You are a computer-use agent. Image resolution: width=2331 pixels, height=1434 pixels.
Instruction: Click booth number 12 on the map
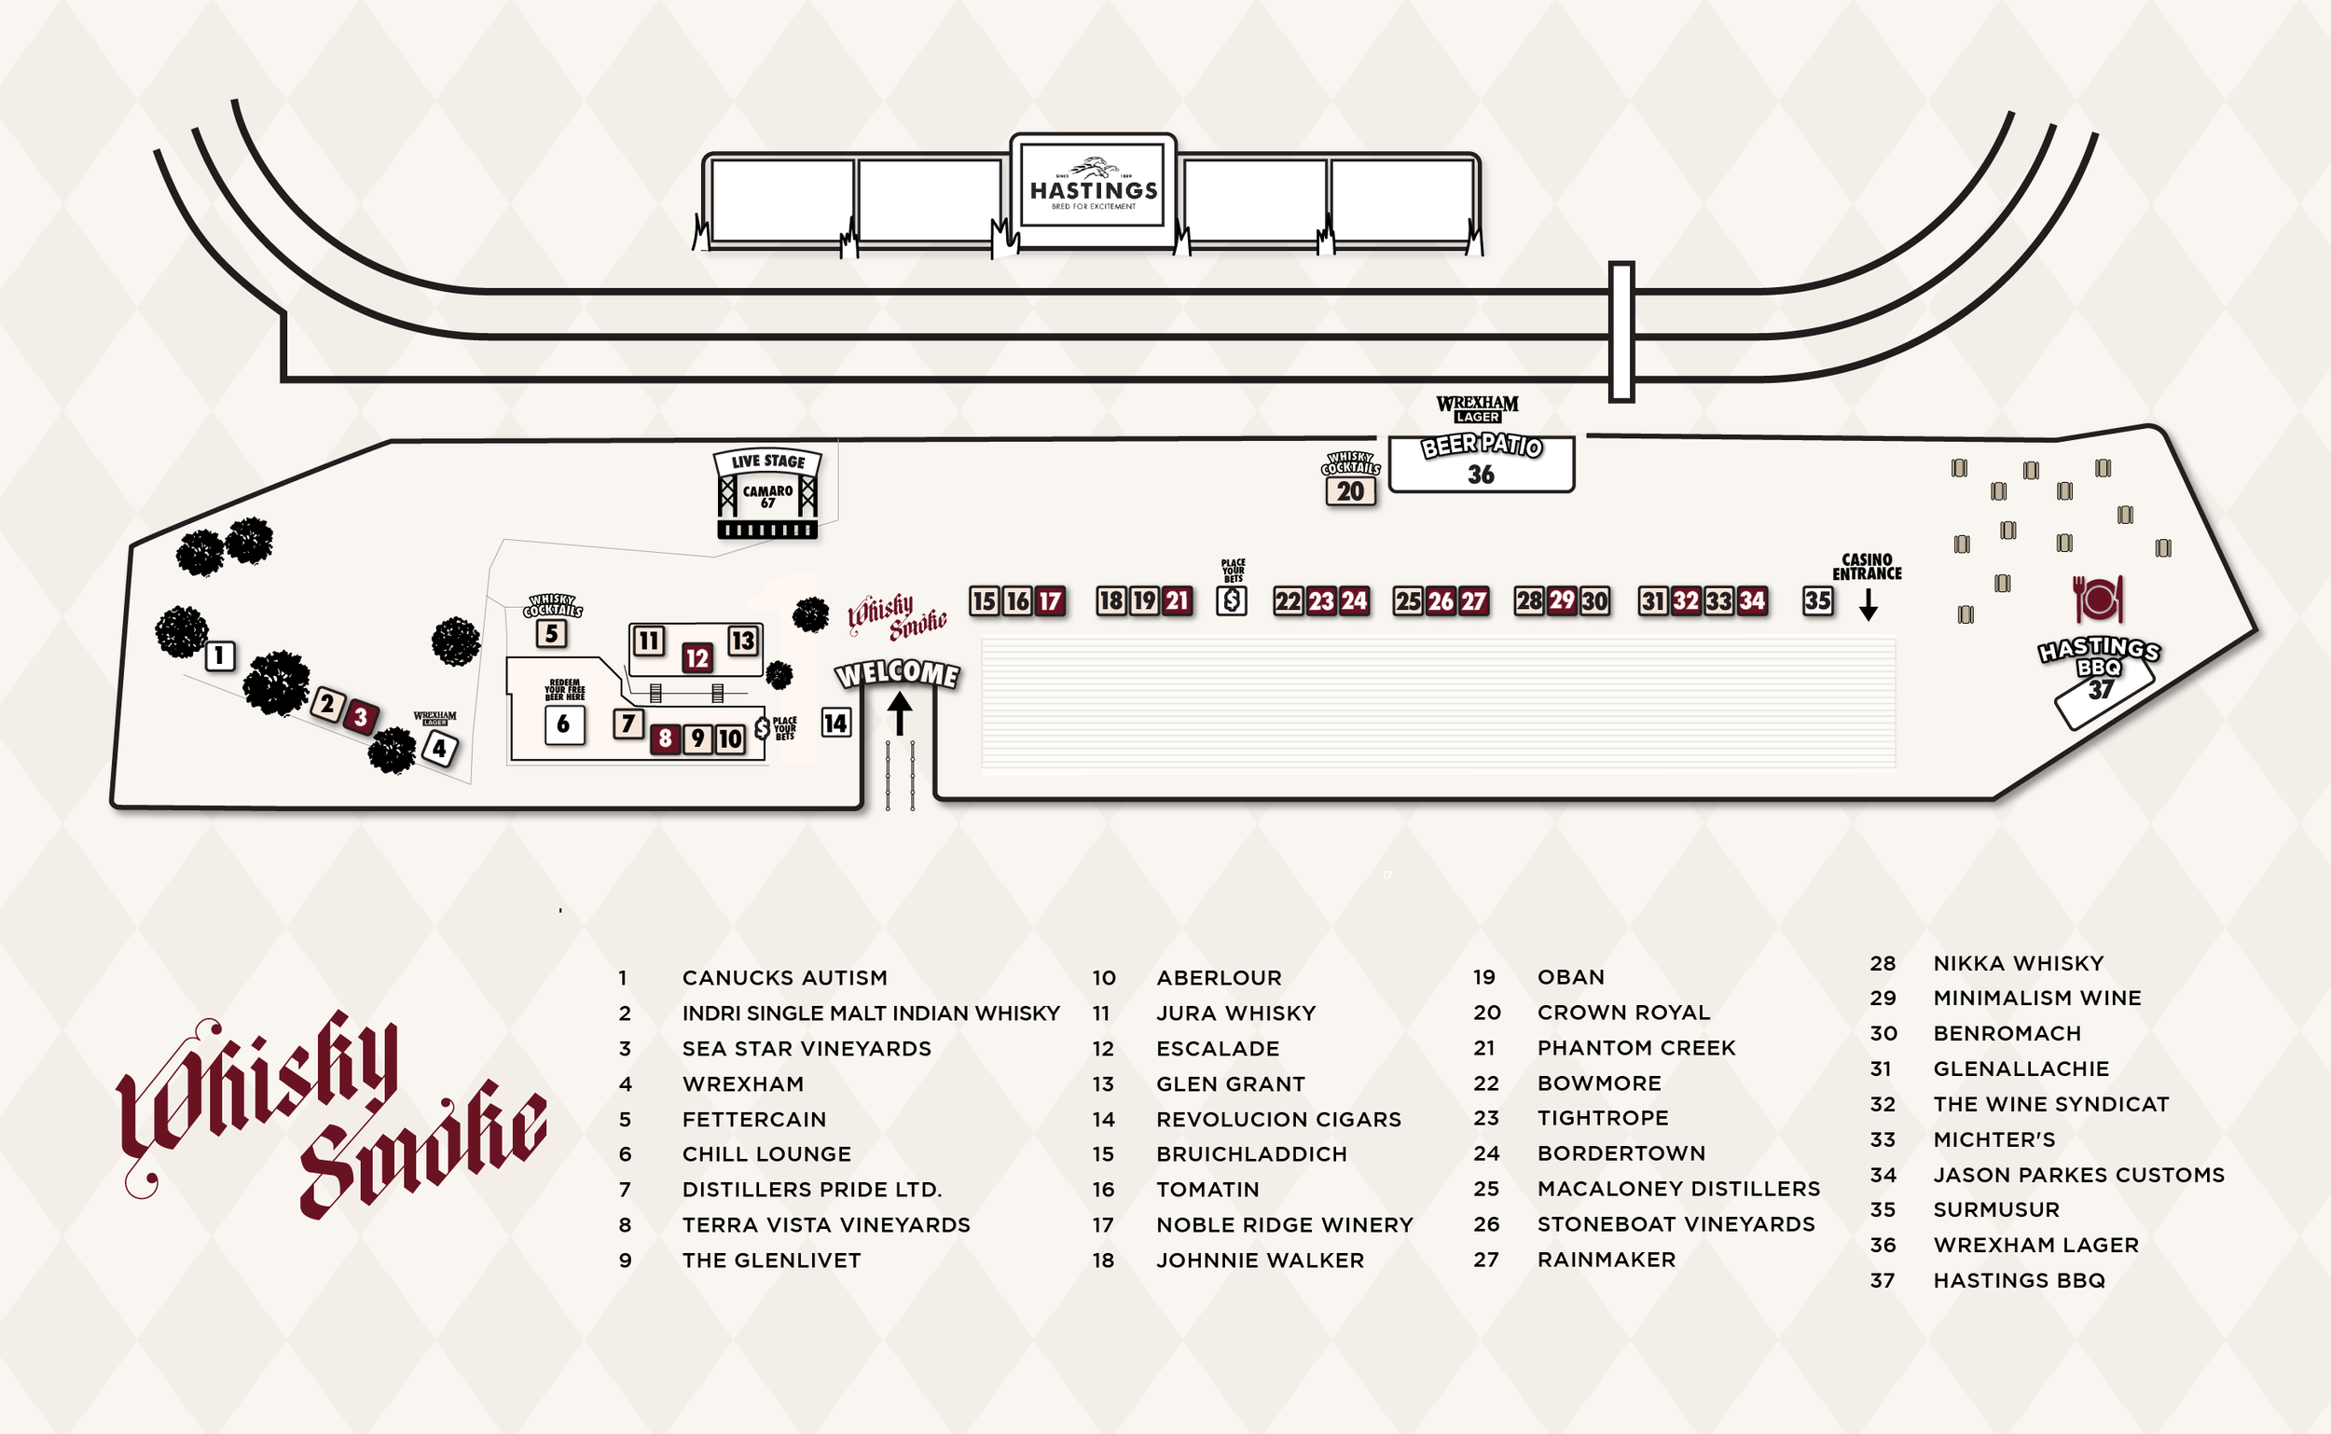[x=697, y=657]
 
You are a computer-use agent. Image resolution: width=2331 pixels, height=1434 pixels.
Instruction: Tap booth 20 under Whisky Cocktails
[x=1350, y=491]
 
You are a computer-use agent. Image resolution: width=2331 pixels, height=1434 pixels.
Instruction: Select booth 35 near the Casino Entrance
[x=1817, y=600]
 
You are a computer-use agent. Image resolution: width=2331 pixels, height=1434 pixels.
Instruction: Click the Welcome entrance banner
[x=897, y=673]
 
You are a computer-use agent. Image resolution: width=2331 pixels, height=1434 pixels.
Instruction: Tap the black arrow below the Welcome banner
[x=900, y=712]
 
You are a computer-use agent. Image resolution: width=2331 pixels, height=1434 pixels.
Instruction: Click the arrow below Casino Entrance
[x=1869, y=605]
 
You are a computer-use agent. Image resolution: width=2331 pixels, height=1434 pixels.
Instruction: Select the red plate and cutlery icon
[x=2098, y=600]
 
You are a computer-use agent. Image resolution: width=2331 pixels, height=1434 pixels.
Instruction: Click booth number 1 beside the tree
[x=220, y=655]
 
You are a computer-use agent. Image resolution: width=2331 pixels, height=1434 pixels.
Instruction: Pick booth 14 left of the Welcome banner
[x=835, y=723]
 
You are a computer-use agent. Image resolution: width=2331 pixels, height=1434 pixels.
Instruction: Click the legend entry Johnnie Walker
[x=1260, y=1261]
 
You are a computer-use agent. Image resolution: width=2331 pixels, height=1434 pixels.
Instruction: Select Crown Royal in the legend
[x=1622, y=1012]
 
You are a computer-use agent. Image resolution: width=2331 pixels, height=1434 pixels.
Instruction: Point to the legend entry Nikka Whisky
[x=2018, y=963]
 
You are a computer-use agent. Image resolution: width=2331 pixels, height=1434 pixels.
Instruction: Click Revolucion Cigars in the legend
[x=1278, y=1119]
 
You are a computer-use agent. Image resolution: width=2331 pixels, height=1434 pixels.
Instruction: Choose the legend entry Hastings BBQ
[x=2019, y=1280]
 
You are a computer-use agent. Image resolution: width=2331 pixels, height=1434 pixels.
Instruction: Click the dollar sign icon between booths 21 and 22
[x=1232, y=600]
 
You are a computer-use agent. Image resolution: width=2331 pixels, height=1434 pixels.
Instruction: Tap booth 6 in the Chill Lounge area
[x=564, y=724]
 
